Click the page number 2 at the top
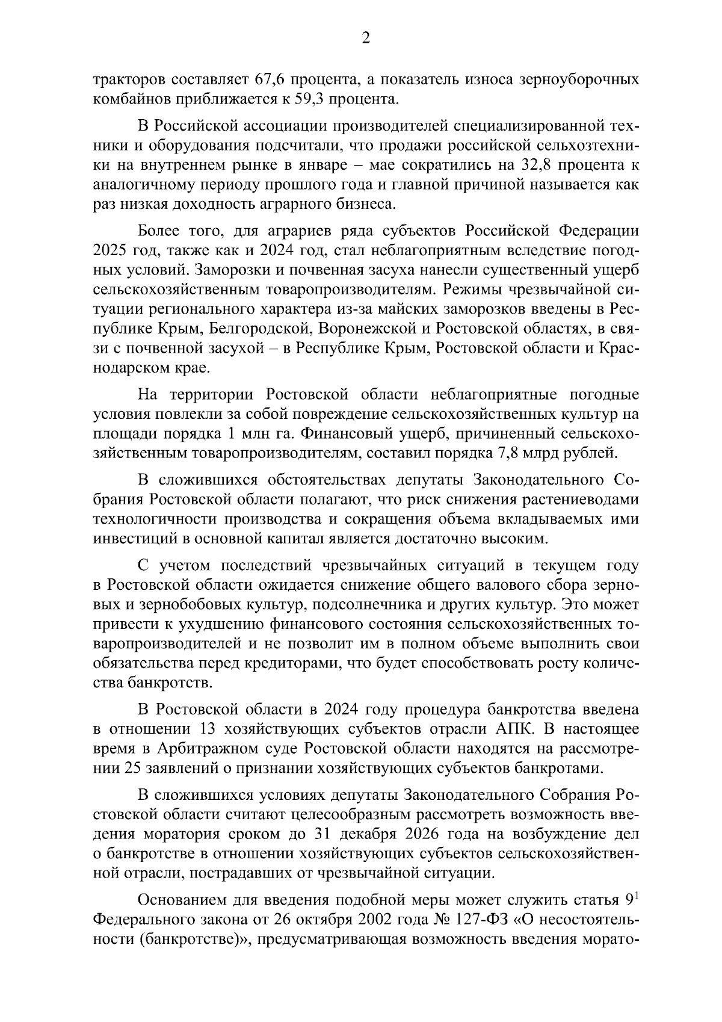(x=365, y=39)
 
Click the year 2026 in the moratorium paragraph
(x=437, y=834)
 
